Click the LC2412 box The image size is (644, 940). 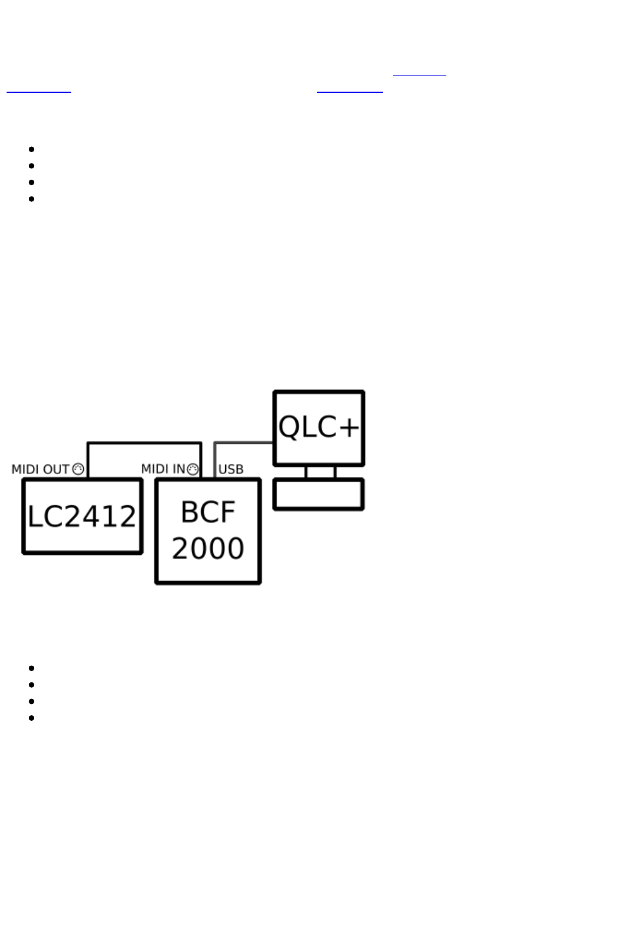coord(83,516)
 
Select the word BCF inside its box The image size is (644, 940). coord(208,512)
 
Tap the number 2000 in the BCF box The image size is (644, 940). coord(208,548)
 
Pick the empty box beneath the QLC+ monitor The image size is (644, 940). coord(319,494)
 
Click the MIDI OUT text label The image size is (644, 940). coord(40,469)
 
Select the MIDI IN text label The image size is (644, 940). coord(163,469)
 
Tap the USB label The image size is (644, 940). coord(231,469)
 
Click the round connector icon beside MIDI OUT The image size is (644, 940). coord(78,469)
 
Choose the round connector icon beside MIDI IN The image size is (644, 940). coord(192,469)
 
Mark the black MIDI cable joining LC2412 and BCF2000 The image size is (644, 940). coord(144,443)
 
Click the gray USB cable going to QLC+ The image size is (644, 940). coord(243,443)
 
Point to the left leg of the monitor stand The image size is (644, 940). coord(306,472)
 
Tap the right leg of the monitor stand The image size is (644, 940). coord(334,472)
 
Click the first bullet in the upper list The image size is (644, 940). coord(32,149)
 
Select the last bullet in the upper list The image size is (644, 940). coord(32,199)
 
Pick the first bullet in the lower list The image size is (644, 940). coord(32,668)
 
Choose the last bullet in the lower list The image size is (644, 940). coord(32,718)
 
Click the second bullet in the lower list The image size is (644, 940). coord(32,685)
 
